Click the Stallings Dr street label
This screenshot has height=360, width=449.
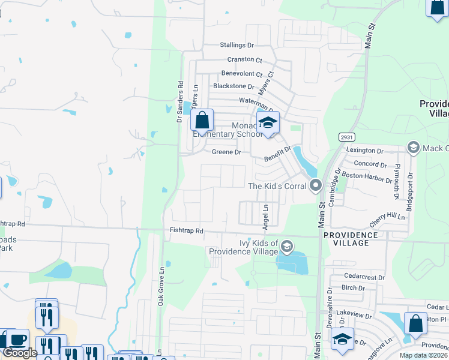237,45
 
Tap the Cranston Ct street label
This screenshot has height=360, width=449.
245,59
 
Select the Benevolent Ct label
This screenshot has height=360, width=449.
242,73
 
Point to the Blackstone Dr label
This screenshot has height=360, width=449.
234,86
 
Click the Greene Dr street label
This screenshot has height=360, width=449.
226,152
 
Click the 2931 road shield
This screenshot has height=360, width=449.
346,137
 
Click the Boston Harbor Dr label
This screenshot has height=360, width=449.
366,175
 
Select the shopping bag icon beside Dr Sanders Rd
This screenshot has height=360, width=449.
202,120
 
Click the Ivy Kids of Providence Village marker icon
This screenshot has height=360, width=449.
288,246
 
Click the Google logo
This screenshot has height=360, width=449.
20,353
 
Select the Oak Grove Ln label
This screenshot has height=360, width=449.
161,292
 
